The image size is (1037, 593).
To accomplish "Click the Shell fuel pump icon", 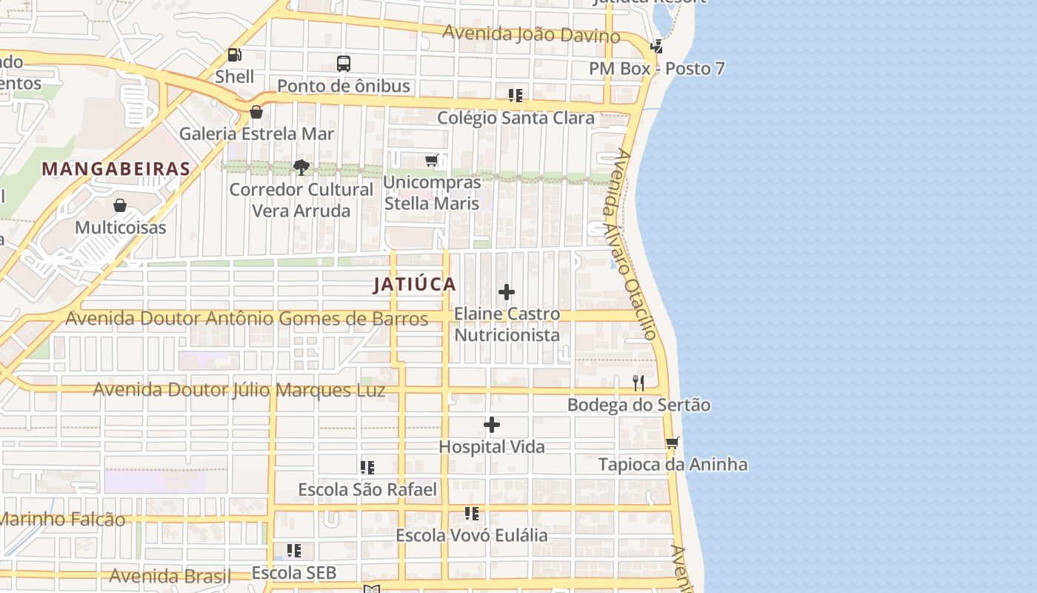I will tap(235, 55).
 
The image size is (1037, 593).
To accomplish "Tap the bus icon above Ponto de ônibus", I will tap(343, 64).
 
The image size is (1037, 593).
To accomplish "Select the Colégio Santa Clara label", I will tap(516, 118).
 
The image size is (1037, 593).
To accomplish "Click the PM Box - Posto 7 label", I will tap(656, 69).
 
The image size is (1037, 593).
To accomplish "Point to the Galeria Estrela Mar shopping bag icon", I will tap(256, 113).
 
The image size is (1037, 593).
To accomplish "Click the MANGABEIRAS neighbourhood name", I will tap(116, 169).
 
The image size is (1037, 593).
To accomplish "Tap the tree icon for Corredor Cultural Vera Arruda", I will tap(301, 168).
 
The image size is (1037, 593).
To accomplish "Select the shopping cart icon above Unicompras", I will tap(432, 161).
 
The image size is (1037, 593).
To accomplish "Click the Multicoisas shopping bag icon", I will tap(120, 205).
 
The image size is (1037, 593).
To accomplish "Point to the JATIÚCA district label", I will tap(415, 285).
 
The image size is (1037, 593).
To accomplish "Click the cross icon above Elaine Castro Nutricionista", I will tap(507, 293).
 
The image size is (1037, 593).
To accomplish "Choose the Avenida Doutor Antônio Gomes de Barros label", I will tap(247, 319).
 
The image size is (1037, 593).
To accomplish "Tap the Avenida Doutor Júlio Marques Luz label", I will tap(239, 390).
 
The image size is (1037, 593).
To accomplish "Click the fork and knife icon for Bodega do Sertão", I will tap(638, 383).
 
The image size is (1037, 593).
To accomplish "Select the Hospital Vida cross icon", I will tap(492, 425).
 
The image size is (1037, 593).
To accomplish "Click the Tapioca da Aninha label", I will tap(673, 465).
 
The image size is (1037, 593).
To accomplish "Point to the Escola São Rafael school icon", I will tap(367, 468).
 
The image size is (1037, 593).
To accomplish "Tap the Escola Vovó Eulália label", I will tap(472, 535).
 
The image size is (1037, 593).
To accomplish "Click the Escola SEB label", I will tap(294, 573).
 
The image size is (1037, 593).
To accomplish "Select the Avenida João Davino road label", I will tap(532, 33).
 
